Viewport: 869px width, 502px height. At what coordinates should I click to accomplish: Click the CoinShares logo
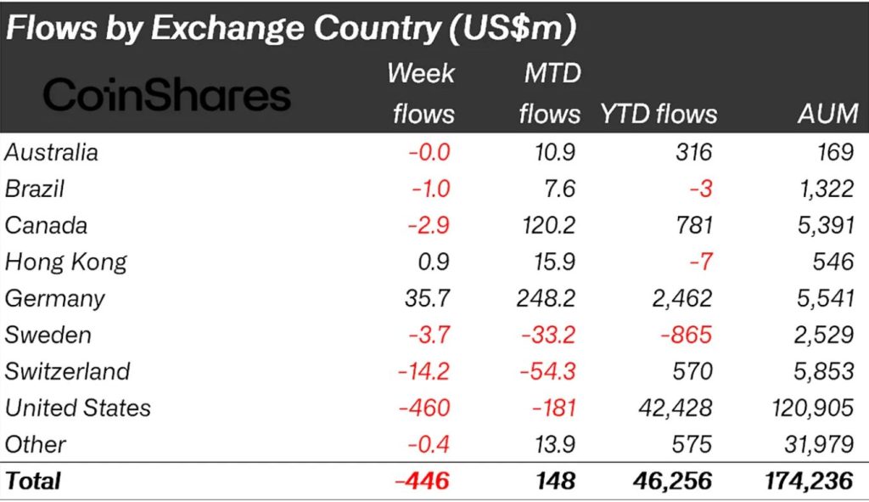[166, 95]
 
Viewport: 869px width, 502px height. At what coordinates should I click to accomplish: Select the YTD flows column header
[658, 114]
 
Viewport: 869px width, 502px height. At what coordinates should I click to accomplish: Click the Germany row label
[55, 298]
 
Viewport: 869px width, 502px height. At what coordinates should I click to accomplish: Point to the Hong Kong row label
[65, 262]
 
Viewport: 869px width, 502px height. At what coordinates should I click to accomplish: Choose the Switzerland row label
[68, 371]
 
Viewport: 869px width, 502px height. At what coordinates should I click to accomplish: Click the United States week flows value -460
[421, 408]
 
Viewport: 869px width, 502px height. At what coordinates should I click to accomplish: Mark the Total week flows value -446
[421, 481]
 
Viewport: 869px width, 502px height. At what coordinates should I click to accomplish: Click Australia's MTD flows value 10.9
[556, 152]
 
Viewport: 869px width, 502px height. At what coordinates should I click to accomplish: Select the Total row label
[33, 481]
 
